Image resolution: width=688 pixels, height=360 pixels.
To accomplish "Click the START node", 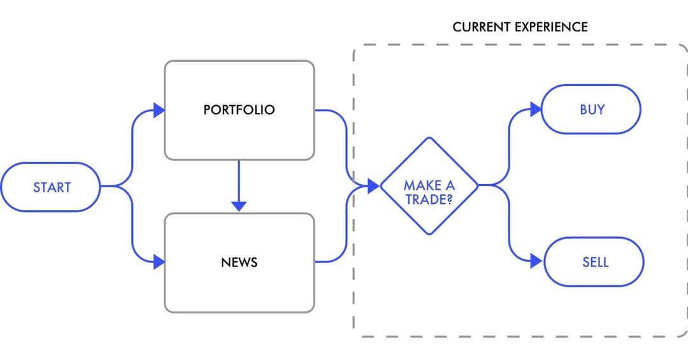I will [x=51, y=187].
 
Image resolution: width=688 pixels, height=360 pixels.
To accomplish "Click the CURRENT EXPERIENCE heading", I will [x=520, y=27].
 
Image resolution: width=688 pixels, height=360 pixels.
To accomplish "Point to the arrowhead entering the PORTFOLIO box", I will [x=159, y=110].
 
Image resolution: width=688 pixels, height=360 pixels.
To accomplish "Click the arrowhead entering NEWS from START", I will [x=159, y=262].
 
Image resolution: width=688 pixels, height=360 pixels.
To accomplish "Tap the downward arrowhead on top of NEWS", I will [x=239, y=206].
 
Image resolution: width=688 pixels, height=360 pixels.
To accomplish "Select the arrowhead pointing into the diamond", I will [x=374, y=186].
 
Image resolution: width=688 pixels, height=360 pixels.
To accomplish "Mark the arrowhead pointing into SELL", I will [x=536, y=261].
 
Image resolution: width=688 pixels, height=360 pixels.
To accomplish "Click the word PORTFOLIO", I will [x=239, y=110].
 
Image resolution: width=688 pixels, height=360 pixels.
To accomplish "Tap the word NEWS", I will [x=239, y=262].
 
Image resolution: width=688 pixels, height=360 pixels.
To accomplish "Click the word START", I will [x=52, y=187].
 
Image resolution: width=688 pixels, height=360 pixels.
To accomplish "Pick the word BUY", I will [x=592, y=110].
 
